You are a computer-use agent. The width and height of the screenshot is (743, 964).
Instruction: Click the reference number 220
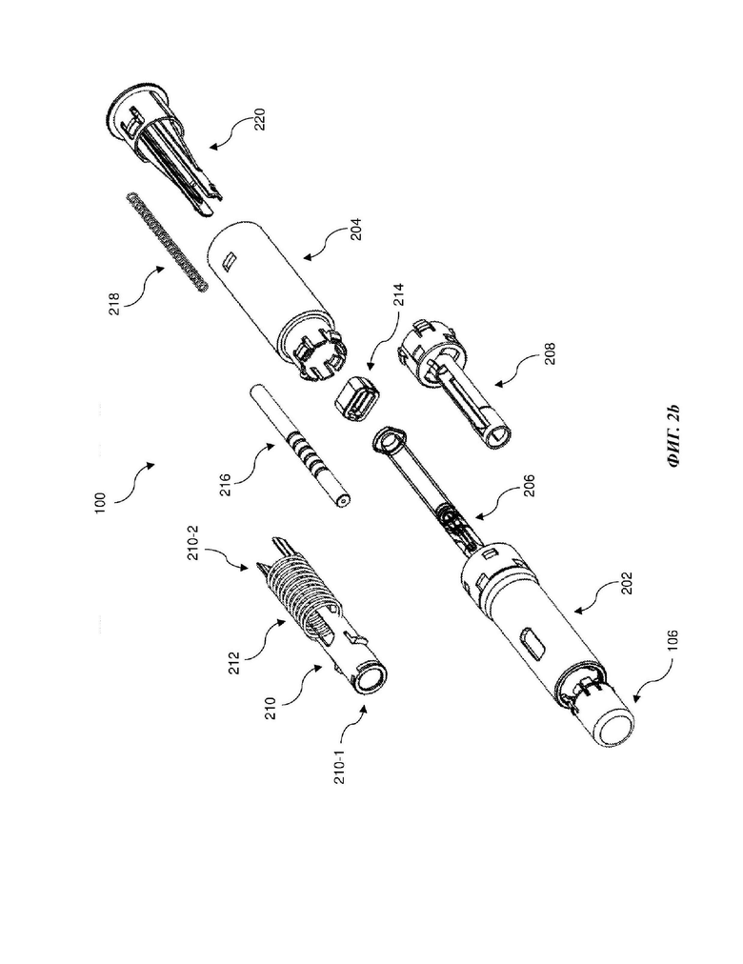(260, 119)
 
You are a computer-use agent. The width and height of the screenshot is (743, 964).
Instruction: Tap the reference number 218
(115, 304)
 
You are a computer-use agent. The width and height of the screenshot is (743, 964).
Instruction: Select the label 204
(356, 230)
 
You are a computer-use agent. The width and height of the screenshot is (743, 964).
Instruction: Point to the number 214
(398, 294)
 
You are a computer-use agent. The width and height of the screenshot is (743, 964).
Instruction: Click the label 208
(550, 353)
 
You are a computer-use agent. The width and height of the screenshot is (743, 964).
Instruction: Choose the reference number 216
(226, 485)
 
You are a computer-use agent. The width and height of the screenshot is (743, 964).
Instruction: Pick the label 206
(529, 485)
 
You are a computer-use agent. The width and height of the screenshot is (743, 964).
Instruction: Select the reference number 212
(234, 663)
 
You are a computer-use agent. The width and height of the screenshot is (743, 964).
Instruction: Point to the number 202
(626, 583)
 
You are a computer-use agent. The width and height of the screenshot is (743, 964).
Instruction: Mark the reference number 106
(673, 641)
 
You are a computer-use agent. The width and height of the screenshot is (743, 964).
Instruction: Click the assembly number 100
(101, 502)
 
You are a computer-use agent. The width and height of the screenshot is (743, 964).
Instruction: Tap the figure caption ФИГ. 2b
(673, 436)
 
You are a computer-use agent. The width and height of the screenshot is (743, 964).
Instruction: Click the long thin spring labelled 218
(168, 243)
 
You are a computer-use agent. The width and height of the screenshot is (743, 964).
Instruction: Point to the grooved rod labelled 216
(302, 446)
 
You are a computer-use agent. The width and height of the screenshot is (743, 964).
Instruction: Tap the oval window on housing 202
(532, 642)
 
